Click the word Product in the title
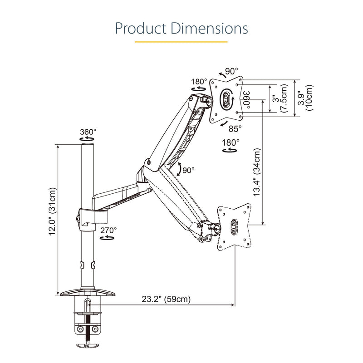[141, 29]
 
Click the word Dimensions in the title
[210, 29]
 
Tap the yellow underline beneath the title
[181, 42]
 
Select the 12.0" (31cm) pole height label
[52, 211]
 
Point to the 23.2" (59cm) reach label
[166, 299]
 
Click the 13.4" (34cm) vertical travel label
[257, 172]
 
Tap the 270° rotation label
[108, 231]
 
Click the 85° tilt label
[235, 129]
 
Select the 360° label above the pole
[88, 132]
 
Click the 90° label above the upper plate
[231, 71]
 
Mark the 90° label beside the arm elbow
[188, 171]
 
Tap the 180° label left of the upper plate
[199, 82]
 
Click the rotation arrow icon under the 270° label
[107, 237]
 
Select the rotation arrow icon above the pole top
[87, 139]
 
